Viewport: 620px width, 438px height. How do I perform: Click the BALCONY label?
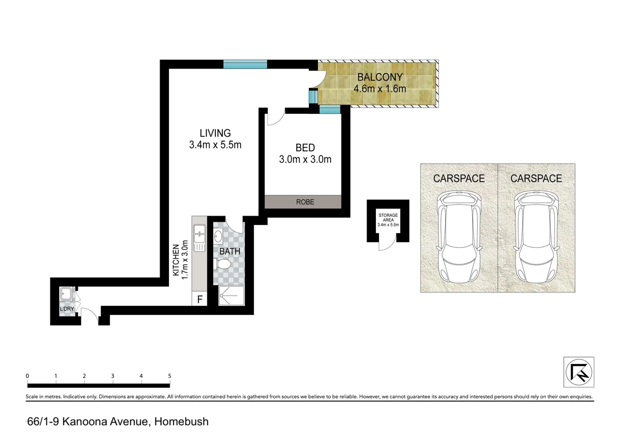(x=380, y=77)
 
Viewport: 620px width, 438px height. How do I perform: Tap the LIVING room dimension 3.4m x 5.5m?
(x=215, y=145)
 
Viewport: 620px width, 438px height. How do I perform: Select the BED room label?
(x=305, y=148)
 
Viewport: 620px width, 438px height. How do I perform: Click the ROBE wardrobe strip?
(x=303, y=202)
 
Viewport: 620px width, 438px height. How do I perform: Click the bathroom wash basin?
(x=218, y=236)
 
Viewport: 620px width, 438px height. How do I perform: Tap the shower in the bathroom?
(x=232, y=295)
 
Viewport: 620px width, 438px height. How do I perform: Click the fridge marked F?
(x=200, y=299)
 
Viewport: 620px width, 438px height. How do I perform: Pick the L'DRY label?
(x=67, y=309)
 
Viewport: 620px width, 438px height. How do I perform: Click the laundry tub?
(x=66, y=294)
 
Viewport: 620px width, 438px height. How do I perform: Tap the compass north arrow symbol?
(x=579, y=372)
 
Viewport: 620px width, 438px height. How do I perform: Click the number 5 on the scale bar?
(x=170, y=376)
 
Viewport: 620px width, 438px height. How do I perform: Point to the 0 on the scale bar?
(x=27, y=376)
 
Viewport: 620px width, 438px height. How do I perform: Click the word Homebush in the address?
(x=181, y=422)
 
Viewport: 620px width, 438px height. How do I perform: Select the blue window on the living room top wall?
(x=245, y=64)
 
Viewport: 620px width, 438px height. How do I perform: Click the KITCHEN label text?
(x=176, y=260)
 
